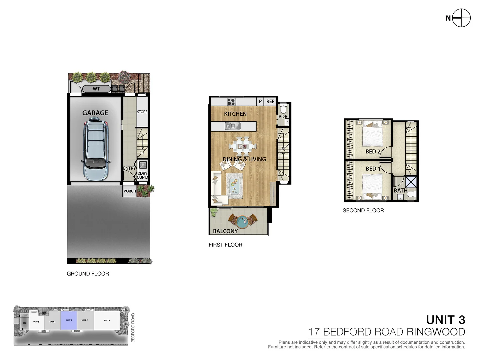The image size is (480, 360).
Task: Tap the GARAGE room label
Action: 95,113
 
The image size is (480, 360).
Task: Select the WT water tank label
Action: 96,89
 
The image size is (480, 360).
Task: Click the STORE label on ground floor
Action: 142,112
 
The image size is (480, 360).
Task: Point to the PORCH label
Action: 130,191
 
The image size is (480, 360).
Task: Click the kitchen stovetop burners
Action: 231,101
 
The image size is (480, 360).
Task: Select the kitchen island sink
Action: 232,126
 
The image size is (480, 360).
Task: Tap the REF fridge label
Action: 270,101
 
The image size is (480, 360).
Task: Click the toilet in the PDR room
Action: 283,109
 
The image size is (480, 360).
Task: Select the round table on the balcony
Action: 243,220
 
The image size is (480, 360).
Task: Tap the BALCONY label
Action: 225,231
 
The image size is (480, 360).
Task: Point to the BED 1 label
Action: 373,169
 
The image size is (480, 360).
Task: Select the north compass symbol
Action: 461,18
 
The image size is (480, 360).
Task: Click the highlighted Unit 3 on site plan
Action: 69,321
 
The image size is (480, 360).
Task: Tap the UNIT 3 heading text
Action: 445,320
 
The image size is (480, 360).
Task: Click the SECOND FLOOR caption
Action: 363,210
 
